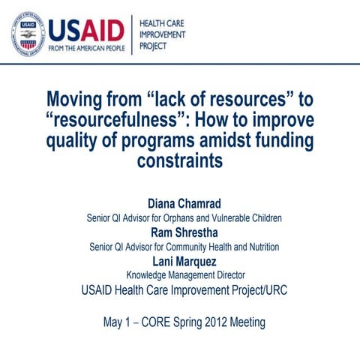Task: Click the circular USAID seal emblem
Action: (27, 32)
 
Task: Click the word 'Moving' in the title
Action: (76, 100)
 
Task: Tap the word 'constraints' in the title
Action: (180, 160)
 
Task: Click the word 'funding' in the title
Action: (271, 140)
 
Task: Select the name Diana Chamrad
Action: (180, 204)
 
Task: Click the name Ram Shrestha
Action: (180, 232)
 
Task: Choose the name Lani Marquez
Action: (180, 260)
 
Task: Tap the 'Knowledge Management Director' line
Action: (180, 274)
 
